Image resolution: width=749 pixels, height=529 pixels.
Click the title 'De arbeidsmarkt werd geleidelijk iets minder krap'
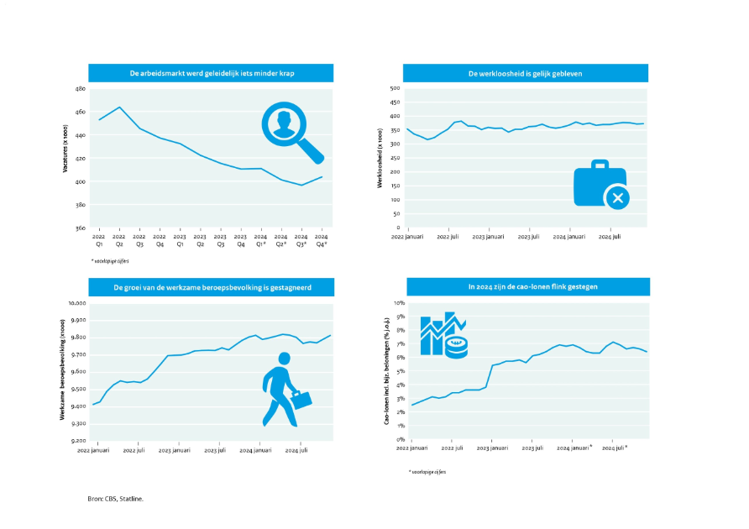coord(211,74)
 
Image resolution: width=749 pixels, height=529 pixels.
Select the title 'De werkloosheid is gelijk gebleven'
coord(525,74)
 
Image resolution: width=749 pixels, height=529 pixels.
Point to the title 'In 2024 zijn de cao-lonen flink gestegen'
coord(526,287)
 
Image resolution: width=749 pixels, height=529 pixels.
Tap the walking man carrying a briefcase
coord(284,389)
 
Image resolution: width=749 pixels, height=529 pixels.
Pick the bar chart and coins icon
coord(443,336)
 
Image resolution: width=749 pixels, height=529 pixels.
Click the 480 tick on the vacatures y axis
coord(81,88)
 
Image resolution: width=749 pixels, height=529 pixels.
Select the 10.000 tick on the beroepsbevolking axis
coord(77,302)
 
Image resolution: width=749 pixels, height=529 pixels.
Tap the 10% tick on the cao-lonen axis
coord(401,302)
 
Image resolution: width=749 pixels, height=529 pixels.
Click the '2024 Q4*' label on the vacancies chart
coord(321,240)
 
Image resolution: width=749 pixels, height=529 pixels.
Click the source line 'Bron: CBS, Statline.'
coord(116,499)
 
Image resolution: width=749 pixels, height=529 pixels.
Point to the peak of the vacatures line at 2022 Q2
coord(119,107)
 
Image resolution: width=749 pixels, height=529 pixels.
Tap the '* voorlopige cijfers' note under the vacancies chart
coord(110,261)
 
